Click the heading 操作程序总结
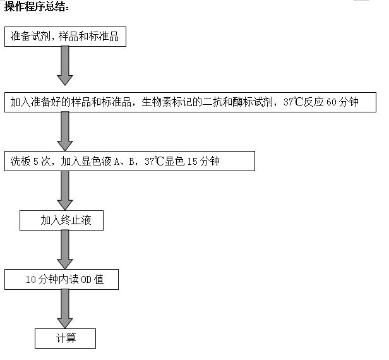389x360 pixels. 37,6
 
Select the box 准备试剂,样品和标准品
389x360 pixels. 65,37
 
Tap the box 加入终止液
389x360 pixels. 61,220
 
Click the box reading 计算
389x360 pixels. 65,339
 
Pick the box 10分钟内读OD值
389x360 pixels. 61,279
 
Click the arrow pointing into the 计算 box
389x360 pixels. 65,309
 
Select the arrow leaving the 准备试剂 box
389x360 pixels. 65,66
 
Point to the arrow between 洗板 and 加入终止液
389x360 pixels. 65,191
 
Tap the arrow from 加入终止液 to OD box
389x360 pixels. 65,249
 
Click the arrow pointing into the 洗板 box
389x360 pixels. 65,131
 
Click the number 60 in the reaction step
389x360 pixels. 331,102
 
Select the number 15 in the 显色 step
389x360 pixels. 192,162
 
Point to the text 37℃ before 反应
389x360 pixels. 293,102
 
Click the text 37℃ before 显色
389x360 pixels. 154,162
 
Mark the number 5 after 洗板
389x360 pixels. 36,162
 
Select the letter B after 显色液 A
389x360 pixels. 132,162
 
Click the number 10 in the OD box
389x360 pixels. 31,280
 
